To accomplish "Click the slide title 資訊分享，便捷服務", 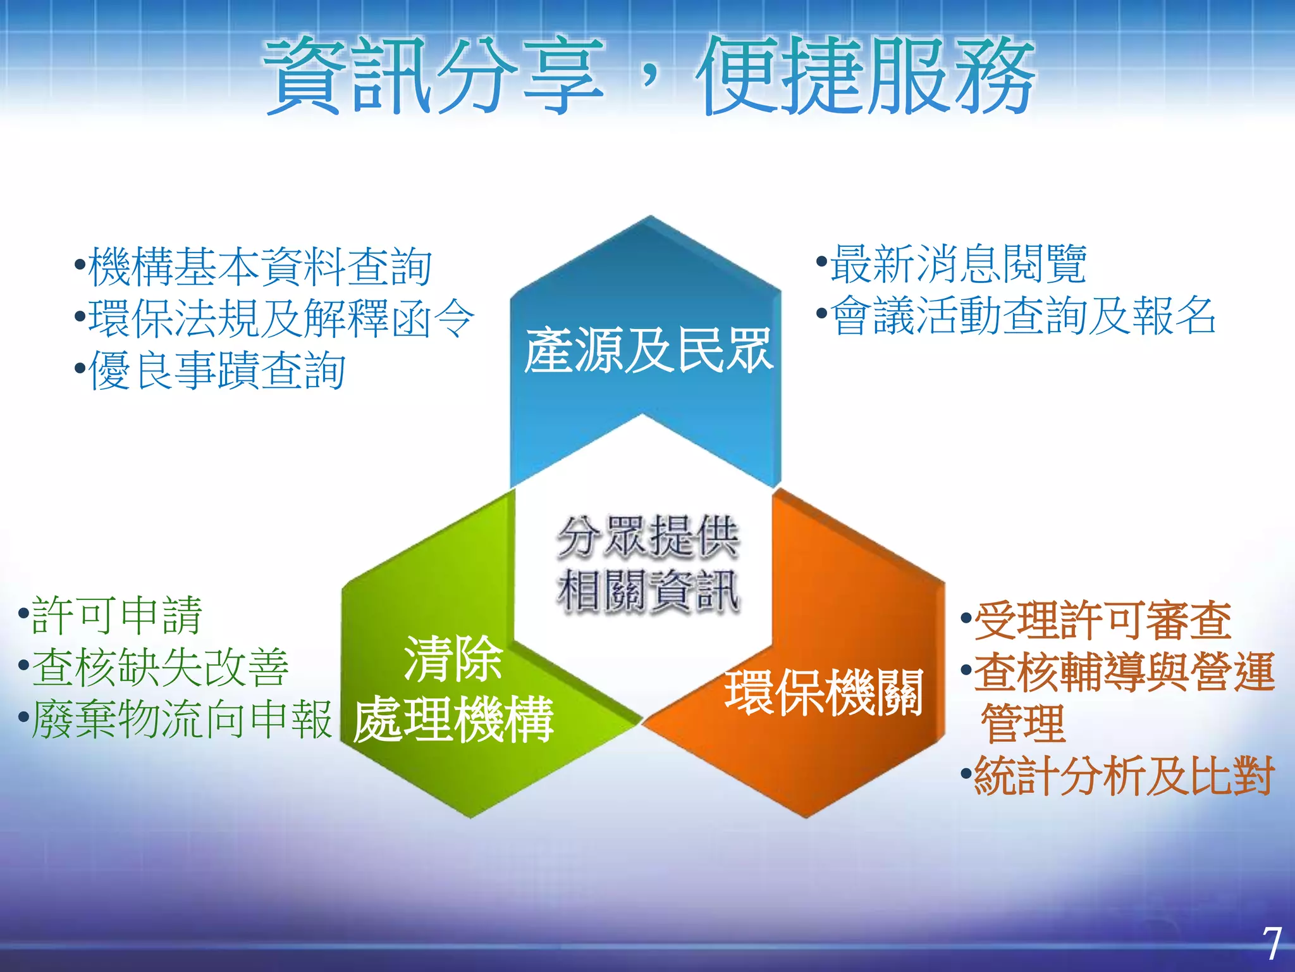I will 649,76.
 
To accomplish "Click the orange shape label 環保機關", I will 823,692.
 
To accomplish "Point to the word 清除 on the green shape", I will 453,659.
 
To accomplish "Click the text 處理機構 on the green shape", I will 453,720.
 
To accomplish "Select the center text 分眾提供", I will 647,537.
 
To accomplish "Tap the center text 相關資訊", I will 647,590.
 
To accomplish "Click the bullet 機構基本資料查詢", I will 259,266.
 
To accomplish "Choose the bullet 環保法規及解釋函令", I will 281,318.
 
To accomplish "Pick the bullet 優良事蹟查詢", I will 216,371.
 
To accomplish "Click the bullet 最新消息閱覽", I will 957,264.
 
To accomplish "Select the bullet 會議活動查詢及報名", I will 1022,316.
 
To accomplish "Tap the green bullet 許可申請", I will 116,615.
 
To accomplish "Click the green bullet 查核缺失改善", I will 159,668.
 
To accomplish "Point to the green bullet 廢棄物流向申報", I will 181,720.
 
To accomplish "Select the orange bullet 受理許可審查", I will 1102,621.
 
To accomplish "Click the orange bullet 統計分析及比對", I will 1123,776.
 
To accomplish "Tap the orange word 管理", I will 1023,724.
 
